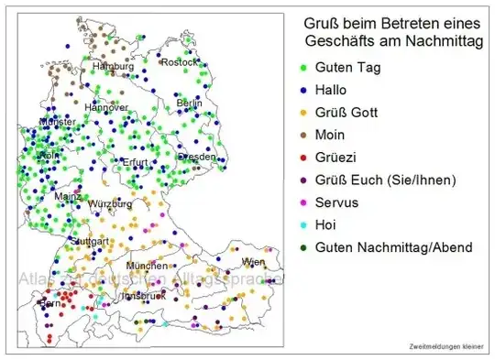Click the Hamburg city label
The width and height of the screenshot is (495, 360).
pyautogui.click(x=113, y=67)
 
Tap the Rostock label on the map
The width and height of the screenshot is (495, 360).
pyautogui.click(x=180, y=62)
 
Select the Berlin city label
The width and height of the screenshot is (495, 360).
pyautogui.click(x=189, y=104)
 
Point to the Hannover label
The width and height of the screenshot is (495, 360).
pyautogui.click(x=106, y=108)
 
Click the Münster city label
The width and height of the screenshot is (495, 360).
pyautogui.click(x=57, y=122)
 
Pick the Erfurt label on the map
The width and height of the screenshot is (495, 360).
pyautogui.click(x=134, y=163)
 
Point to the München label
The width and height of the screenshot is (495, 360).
pyautogui.click(x=147, y=266)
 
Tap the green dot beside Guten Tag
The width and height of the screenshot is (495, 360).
pyautogui.click(x=303, y=68)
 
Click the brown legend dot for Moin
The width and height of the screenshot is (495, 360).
pyautogui.click(x=303, y=135)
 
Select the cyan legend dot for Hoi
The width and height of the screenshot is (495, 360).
pyautogui.click(x=303, y=225)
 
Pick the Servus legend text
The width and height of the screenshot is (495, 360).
pyautogui.click(x=337, y=202)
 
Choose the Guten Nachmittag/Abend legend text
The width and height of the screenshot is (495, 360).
pyautogui.click(x=394, y=247)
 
